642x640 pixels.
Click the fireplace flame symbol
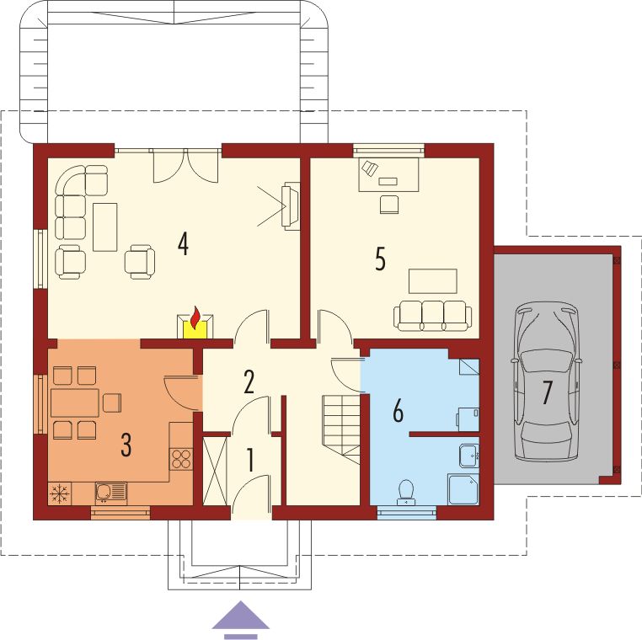pos(195,317)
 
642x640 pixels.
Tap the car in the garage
pos(546,381)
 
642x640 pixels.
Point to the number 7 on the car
pos(547,392)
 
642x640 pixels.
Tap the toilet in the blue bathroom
pos(406,492)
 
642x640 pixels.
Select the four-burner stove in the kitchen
pos(181,459)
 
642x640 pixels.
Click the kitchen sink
pos(111,493)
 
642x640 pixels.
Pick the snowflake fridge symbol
pos(60,493)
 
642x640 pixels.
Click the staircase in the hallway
pos(341,429)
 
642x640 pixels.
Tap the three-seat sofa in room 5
pos(432,316)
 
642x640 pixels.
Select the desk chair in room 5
pos(389,204)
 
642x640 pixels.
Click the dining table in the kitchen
pos(75,403)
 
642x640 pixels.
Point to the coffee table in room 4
pos(105,227)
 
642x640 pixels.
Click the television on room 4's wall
pos(290,205)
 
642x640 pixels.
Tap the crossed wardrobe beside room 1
pos(215,471)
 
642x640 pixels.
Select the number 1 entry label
pos(250,460)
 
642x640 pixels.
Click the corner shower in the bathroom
pos(463,489)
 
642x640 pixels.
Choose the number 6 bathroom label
pos(398,410)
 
